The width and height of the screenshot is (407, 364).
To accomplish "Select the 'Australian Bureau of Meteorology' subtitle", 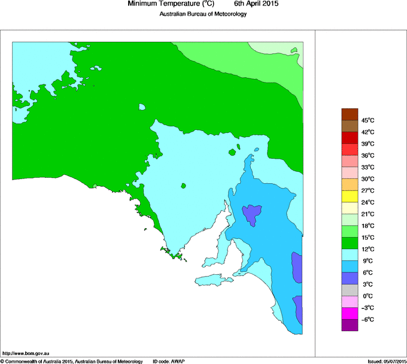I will tap(203, 14).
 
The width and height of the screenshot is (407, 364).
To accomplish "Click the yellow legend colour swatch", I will tap(350, 196).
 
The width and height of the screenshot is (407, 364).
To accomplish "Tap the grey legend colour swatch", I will tap(350, 290).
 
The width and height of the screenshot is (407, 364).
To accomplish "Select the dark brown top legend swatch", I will tap(350, 114).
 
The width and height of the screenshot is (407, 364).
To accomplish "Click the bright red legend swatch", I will tap(350, 138).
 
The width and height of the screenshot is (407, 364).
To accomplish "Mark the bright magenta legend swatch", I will tap(350, 313).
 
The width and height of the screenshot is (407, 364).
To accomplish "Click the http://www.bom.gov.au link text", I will tap(30, 354).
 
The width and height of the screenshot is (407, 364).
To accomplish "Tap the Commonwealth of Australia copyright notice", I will tap(72, 361).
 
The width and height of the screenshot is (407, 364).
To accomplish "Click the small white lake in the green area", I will tap(142, 108).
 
